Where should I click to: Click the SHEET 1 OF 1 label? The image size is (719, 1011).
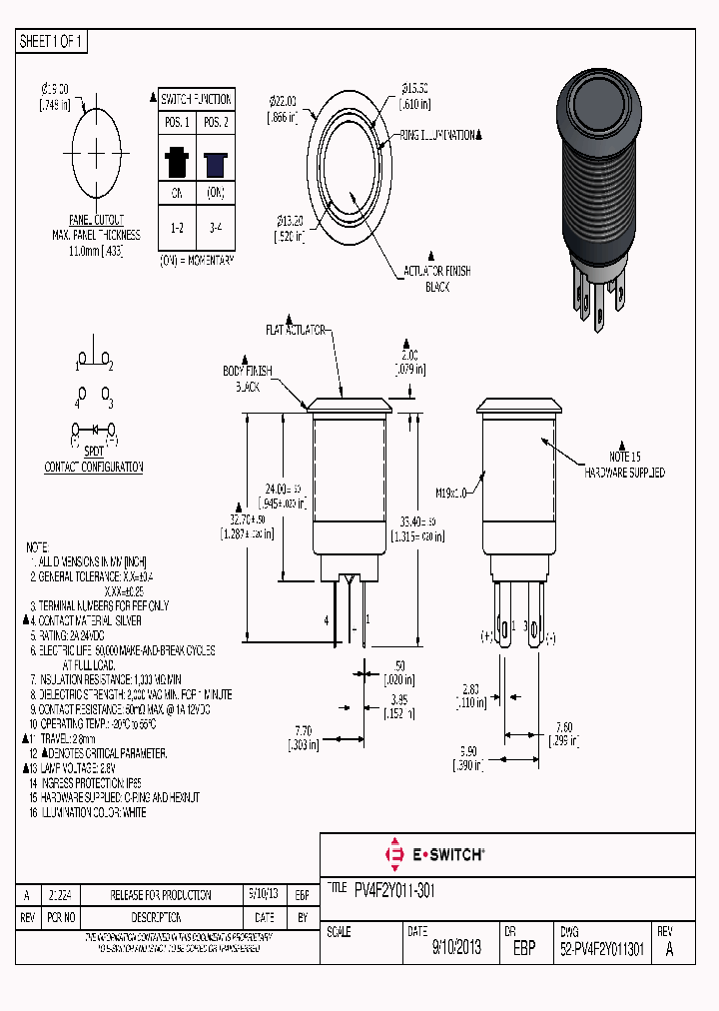(53, 42)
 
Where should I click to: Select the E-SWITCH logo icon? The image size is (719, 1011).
(392, 854)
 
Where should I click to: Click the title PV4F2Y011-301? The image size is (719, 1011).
(394, 889)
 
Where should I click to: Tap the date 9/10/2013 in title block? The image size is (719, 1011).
(456, 948)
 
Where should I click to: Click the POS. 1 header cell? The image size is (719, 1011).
(177, 122)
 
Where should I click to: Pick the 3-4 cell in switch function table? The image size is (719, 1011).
(215, 228)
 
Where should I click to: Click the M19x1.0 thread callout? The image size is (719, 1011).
(450, 492)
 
